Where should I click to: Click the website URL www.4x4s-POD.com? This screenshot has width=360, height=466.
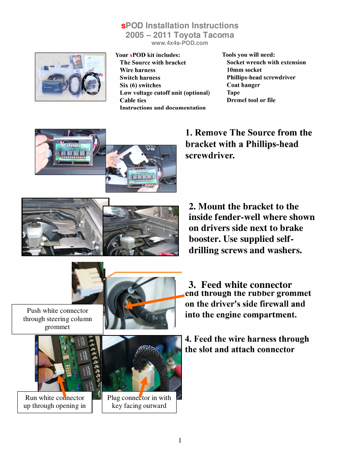(180, 43)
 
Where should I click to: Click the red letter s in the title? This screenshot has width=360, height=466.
(123, 26)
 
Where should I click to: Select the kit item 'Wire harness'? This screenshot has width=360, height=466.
(137, 70)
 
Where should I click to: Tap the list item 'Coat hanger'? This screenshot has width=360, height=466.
(243, 85)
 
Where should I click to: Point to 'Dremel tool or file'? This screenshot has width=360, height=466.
(251, 100)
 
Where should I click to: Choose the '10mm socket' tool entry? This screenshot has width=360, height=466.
(244, 70)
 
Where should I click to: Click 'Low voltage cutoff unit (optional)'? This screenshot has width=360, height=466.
(165, 93)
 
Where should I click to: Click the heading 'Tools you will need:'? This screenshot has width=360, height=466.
(248, 55)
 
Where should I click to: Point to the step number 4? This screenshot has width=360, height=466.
(188, 339)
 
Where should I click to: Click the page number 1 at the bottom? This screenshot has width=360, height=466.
(180, 440)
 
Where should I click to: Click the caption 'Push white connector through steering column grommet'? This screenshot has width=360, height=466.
(57, 319)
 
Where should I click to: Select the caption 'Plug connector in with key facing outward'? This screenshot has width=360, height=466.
(139, 402)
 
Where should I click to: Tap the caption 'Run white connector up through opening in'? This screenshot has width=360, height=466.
(55, 402)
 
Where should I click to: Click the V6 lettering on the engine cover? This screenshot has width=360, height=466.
(150, 149)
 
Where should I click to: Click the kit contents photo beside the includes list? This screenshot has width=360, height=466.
(71, 77)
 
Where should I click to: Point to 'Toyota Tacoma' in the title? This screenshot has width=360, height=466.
(204, 35)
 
